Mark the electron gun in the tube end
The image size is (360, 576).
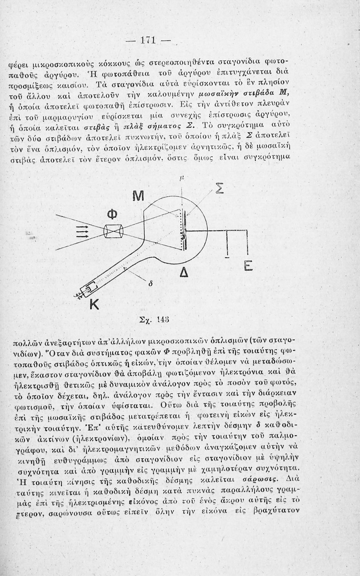90,288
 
